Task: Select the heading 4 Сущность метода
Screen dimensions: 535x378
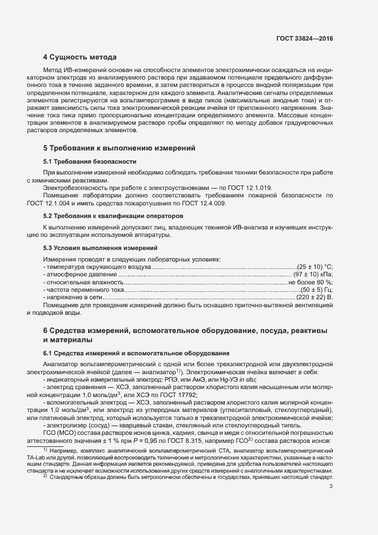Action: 80,57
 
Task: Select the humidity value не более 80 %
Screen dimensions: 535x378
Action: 310,283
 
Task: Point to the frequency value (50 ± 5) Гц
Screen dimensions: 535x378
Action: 316,291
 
